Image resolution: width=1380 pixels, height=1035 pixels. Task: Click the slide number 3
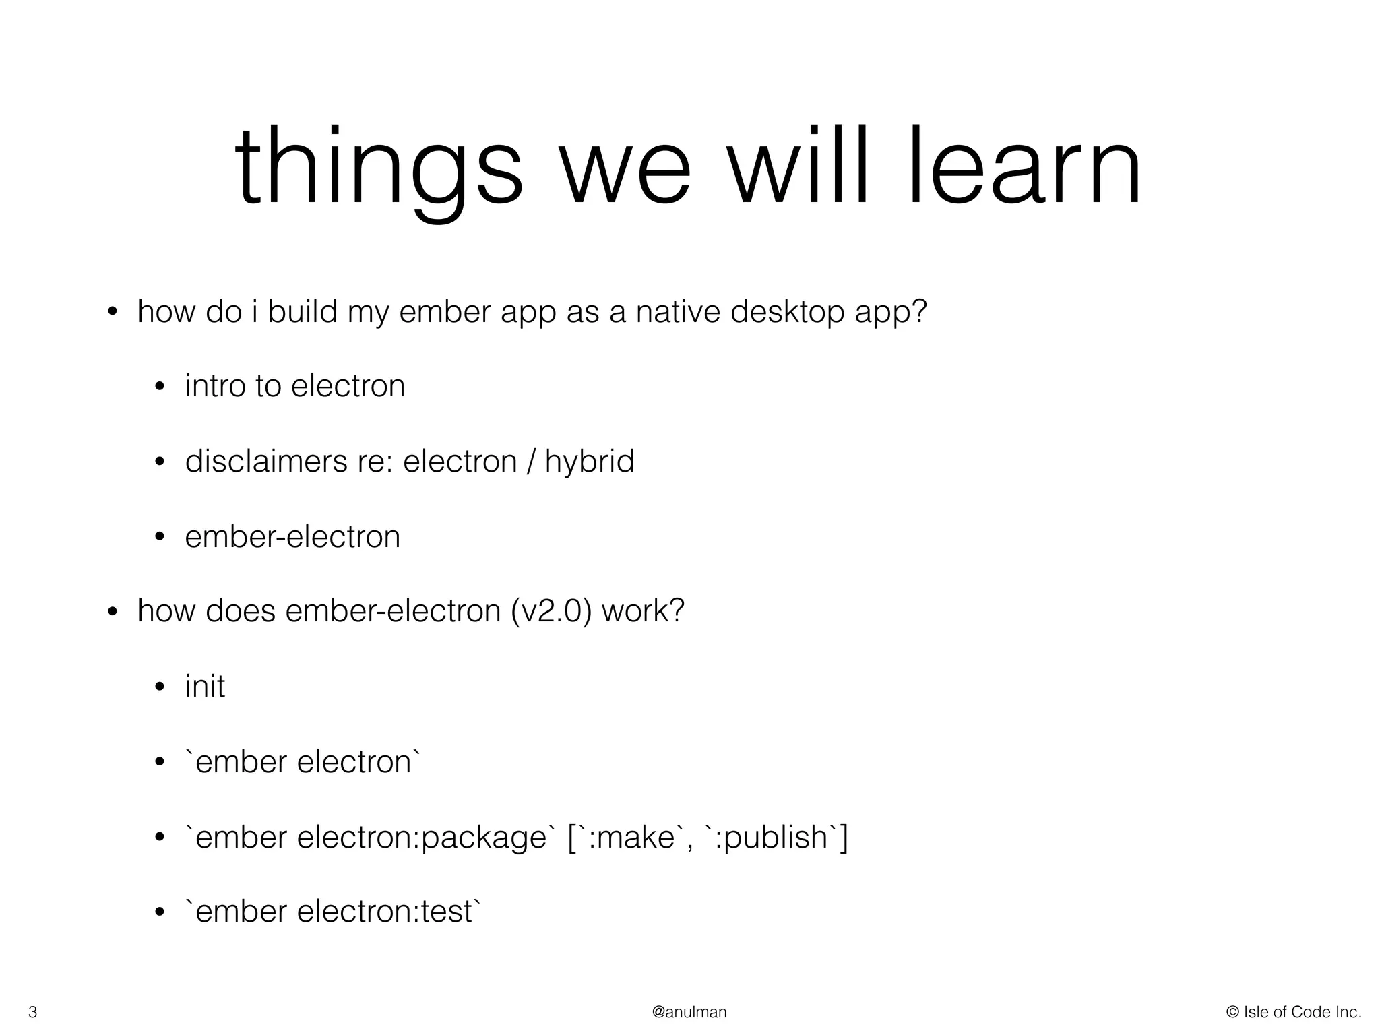tap(32, 1012)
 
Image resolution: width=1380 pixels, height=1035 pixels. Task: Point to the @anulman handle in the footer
tap(689, 1012)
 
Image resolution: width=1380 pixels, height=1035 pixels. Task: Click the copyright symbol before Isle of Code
tap(1233, 1012)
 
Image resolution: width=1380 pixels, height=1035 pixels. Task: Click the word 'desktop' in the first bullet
tap(788, 313)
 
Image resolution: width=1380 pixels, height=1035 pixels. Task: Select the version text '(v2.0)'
tap(552, 612)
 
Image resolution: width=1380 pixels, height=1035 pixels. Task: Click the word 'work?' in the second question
tap(643, 610)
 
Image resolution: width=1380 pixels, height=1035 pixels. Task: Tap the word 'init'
tap(205, 686)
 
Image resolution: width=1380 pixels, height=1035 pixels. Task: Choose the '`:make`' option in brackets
tap(630, 838)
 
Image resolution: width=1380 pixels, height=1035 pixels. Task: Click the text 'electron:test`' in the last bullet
tap(389, 912)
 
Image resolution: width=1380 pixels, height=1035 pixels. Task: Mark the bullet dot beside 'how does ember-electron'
tap(113, 612)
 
